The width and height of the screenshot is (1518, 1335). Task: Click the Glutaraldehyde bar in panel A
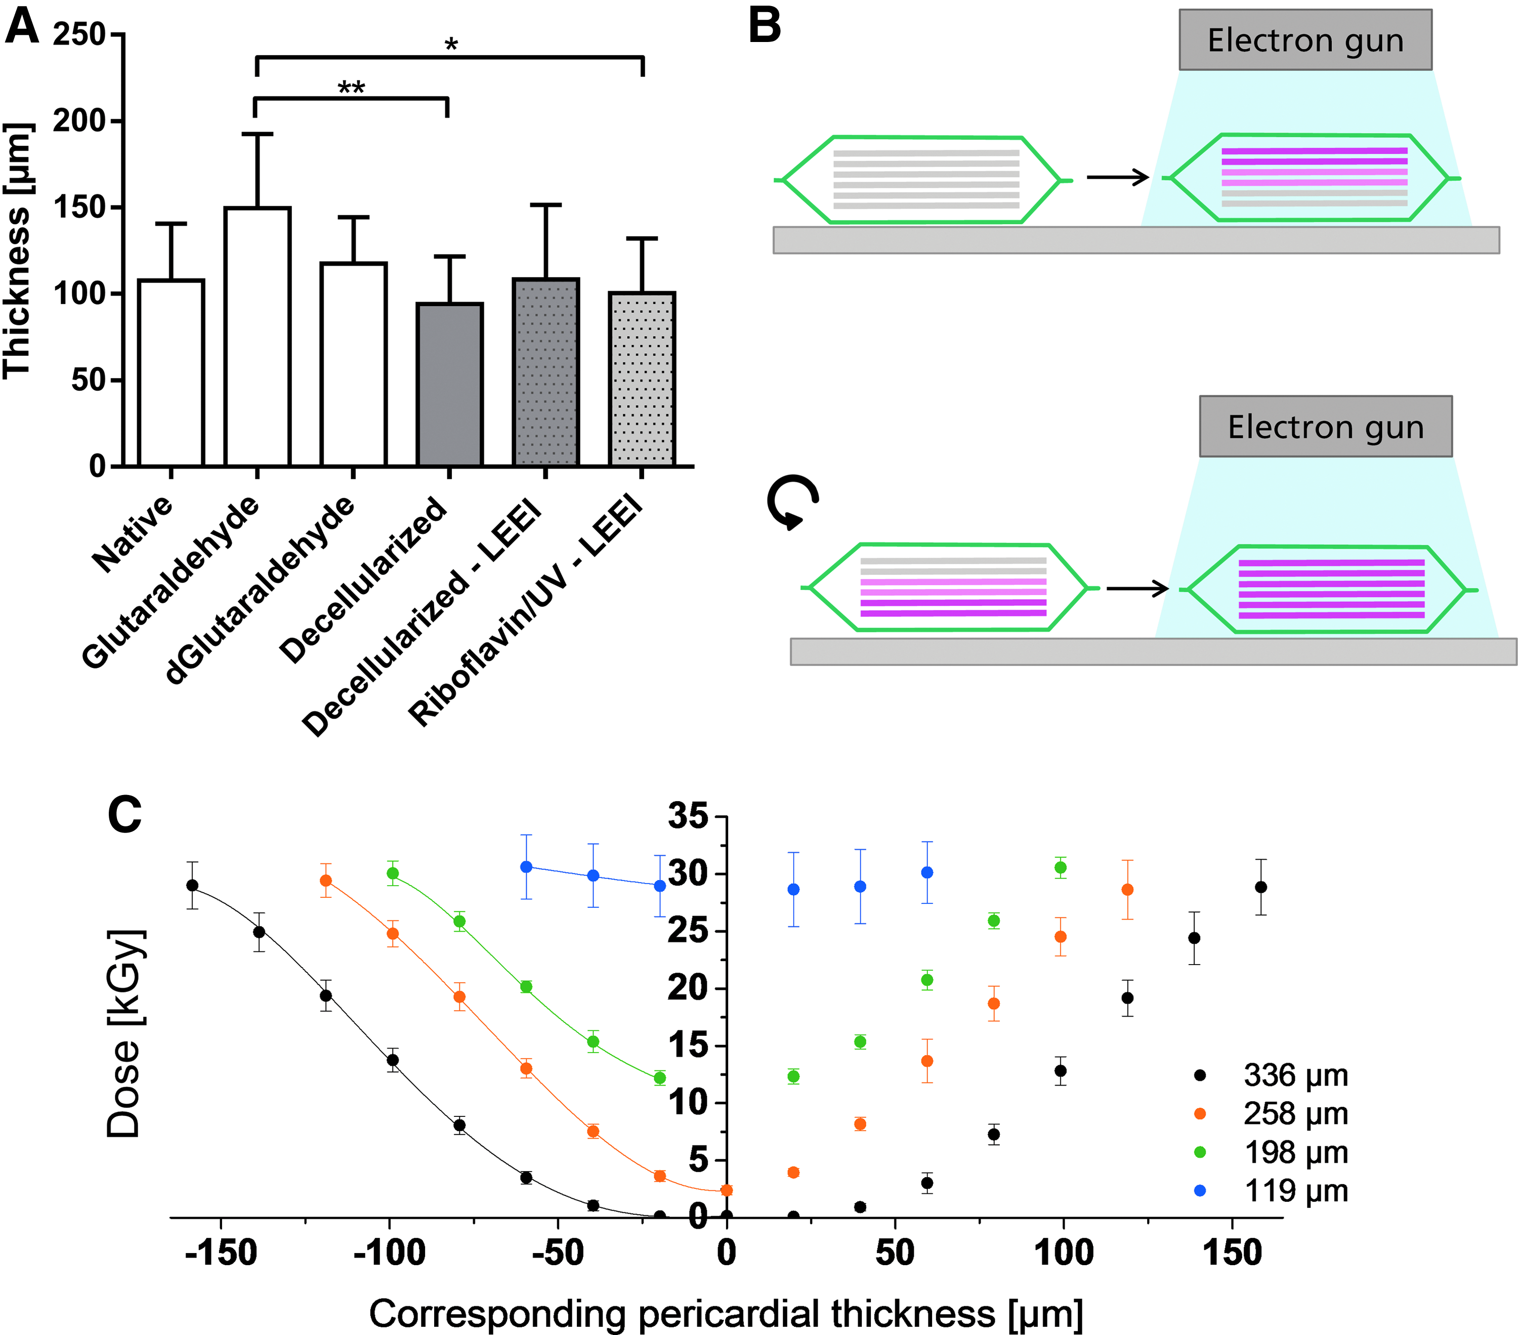pyautogui.click(x=257, y=337)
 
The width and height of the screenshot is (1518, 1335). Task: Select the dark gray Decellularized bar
pyautogui.click(x=449, y=385)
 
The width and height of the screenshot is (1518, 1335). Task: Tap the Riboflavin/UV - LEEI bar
pyautogui.click(x=642, y=379)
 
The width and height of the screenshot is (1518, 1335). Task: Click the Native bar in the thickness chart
pyautogui.click(x=171, y=373)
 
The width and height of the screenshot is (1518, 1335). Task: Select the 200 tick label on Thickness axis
pyautogui.click(x=79, y=120)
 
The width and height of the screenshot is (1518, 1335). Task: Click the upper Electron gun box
pyautogui.click(x=1305, y=40)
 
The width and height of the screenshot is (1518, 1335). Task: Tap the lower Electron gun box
pyautogui.click(x=1326, y=427)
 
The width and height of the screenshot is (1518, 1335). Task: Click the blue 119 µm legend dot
pyautogui.click(x=1199, y=1191)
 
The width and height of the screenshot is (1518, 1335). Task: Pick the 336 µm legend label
pyautogui.click(x=1296, y=1075)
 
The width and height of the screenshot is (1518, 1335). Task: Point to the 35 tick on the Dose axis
pyautogui.click(x=689, y=816)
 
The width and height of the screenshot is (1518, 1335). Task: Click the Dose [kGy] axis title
pyautogui.click(x=123, y=1033)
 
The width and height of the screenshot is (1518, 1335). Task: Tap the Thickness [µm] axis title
pyautogui.click(x=18, y=251)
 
